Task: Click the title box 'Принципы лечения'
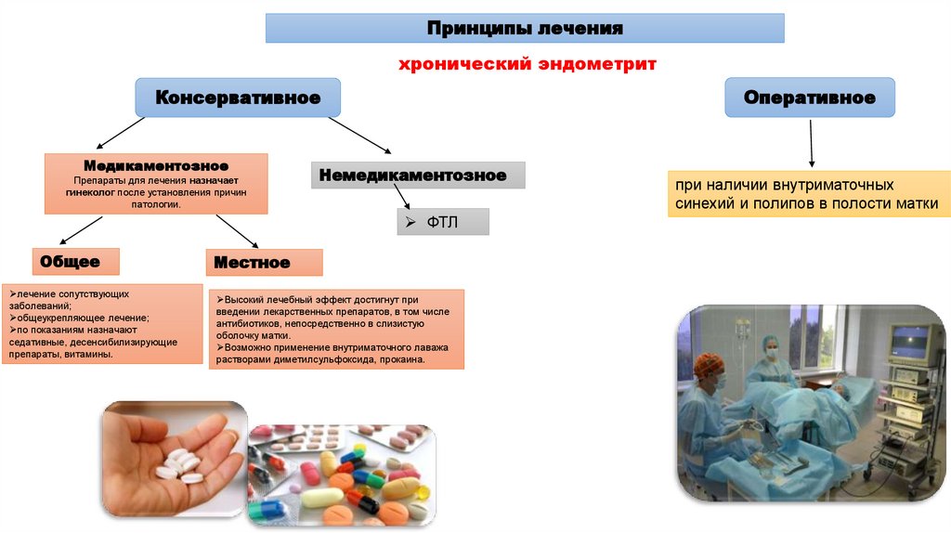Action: click(525, 29)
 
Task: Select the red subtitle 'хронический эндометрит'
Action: click(527, 65)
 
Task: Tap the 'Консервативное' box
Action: click(238, 97)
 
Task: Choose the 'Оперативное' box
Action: click(810, 97)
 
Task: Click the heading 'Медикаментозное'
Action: click(156, 165)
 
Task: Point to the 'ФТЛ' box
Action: click(443, 222)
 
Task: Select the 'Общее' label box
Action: click(70, 263)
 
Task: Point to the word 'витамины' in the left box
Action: click(90, 355)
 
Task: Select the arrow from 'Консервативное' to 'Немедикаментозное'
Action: click(360, 135)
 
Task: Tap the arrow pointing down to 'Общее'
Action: click(82, 229)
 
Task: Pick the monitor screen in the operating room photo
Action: click(909, 344)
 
